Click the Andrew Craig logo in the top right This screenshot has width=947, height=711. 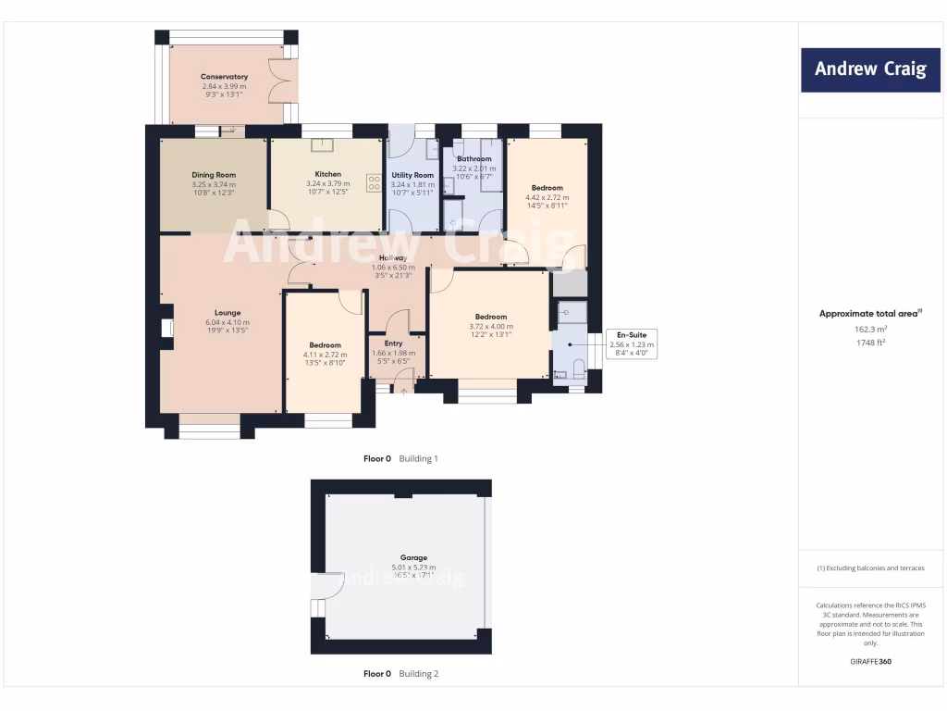click(x=869, y=69)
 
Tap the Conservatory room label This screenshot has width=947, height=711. click(x=224, y=77)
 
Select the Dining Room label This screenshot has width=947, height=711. click(x=214, y=175)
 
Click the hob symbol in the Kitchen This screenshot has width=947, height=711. click(x=375, y=183)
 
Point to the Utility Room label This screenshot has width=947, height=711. click(x=412, y=175)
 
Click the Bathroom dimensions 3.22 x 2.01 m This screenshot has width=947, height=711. click(x=473, y=168)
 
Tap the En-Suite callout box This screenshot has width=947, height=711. click(x=631, y=344)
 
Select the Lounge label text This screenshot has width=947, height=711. click(x=228, y=313)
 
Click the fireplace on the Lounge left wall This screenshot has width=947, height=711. click(x=166, y=328)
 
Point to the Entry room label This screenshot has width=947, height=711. click(x=393, y=343)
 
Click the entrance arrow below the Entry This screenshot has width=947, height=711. click(x=403, y=392)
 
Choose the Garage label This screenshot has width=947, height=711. click(x=413, y=558)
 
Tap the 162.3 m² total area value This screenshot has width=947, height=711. click(x=869, y=329)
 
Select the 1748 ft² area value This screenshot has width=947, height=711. click(x=869, y=343)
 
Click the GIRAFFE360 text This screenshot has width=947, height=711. click(x=869, y=662)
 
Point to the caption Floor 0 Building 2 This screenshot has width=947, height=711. click(x=400, y=674)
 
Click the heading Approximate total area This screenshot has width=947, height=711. click(x=869, y=314)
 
